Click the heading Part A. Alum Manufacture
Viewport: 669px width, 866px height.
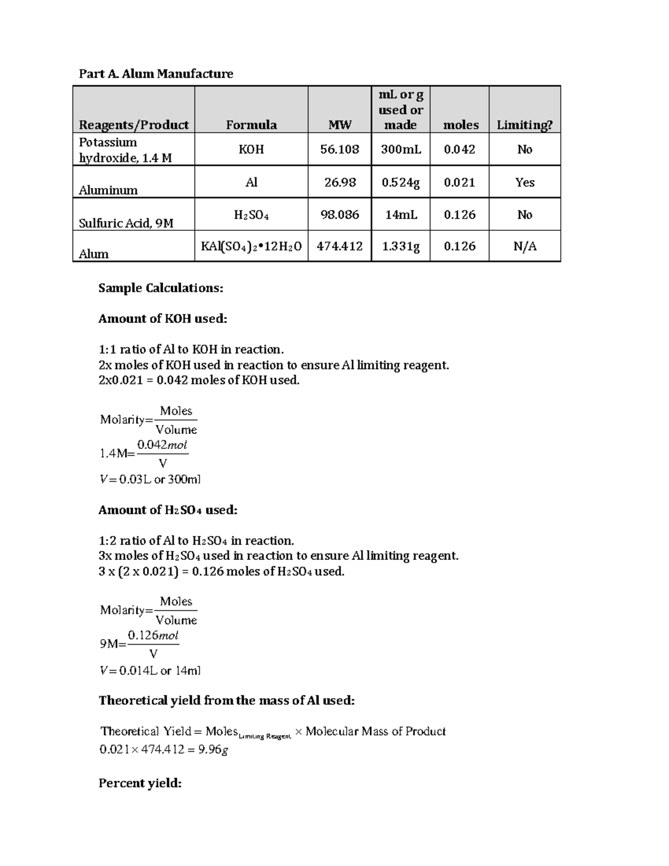tap(156, 74)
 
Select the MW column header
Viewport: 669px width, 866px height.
tap(340, 125)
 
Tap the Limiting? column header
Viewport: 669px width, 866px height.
tap(524, 125)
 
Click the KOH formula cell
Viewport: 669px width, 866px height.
tap(251, 149)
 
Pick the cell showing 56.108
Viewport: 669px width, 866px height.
tap(340, 149)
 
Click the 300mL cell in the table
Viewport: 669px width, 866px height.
tap(400, 149)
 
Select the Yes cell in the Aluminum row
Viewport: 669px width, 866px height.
tap(524, 182)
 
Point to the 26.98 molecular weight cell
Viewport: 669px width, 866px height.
tap(340, 182)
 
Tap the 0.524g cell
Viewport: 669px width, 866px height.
tap(400, 182)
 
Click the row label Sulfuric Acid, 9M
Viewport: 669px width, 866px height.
tap(126, 223)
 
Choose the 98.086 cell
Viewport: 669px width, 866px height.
tap(340, 215)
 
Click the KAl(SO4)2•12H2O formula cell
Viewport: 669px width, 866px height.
tap(251, 246)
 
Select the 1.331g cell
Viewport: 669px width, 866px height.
tap(400, 246)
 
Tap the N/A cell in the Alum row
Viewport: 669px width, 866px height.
tap(524, 246)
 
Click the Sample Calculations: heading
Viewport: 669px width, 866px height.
tap(161, 288)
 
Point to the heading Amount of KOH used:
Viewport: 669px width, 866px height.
tap(163, 318)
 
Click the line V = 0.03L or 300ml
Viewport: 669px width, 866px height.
tap(150, 479)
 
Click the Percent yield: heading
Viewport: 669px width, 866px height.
tap(140, 783)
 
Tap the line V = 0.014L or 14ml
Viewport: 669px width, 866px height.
tap(150, 670)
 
